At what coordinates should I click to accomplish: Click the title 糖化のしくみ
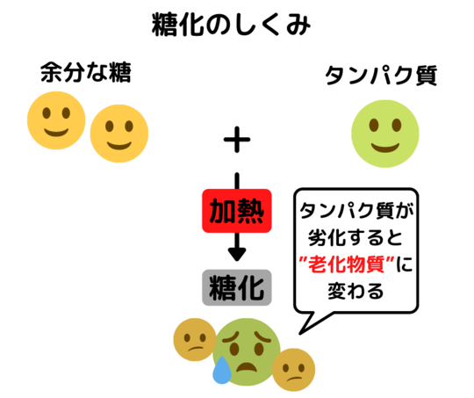(231, 25)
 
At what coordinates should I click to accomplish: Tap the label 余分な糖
(86, 72)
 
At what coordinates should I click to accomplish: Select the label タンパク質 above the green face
(381, 76)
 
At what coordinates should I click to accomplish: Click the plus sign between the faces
(237, 140)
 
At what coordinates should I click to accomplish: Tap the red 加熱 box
(237, 211)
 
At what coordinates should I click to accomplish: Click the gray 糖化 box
(237, 287)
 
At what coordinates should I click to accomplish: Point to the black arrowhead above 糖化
(237, 254)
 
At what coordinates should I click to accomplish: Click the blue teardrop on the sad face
(222, 370)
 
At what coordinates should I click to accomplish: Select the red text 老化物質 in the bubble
(346, 264)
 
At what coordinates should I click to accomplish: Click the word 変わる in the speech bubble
(355, 291)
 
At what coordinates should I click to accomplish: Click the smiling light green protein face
(385, 134)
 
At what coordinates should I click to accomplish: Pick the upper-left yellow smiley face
(56, 120)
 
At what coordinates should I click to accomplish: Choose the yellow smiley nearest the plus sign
(119, 134)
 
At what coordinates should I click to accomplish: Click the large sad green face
(247, 352)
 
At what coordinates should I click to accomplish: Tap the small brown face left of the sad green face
(195, 339)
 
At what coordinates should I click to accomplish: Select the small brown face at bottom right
(293, 370)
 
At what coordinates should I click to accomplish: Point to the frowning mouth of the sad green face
(247, 367)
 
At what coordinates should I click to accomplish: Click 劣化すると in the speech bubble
(355, 237)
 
